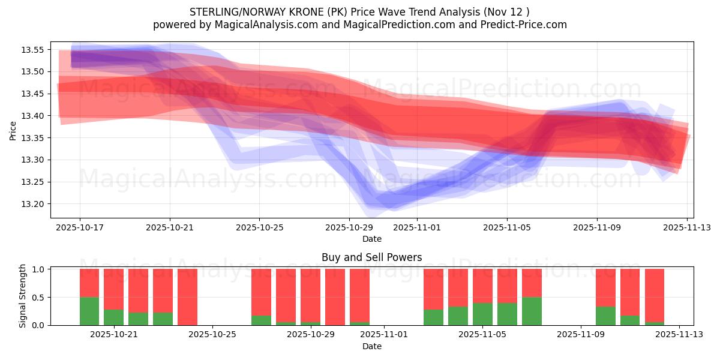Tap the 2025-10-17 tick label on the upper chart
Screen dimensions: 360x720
point(80,228)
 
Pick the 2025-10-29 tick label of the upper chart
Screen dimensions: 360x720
point(349,228)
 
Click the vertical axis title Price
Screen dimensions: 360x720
point(13,130)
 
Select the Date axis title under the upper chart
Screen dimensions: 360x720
point(372,239)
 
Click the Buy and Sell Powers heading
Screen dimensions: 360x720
point(372,257)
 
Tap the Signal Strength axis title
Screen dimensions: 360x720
point(23,296)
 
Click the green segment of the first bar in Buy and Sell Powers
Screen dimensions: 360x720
point(89,311)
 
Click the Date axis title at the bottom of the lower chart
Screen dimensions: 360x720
point(372,346)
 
